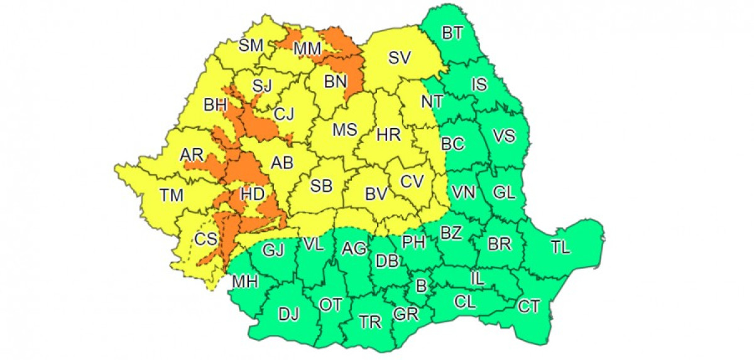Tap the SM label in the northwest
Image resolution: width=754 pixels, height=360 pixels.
251,45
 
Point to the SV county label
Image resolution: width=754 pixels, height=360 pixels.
399,58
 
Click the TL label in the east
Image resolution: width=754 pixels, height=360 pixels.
560,247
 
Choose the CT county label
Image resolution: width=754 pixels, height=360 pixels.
529,307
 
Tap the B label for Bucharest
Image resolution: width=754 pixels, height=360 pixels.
422,286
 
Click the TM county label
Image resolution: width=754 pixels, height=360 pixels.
172,195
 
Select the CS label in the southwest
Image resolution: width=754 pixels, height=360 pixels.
205,239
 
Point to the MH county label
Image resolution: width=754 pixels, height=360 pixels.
245,282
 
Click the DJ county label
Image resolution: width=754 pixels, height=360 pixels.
290,313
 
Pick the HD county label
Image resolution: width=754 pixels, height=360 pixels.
253,195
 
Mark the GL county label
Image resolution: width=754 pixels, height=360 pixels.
503,194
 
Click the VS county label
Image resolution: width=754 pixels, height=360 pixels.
504,136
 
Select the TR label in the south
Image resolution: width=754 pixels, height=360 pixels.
371,322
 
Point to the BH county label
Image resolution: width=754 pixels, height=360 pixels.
216,104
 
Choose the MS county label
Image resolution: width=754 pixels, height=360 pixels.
344,130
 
